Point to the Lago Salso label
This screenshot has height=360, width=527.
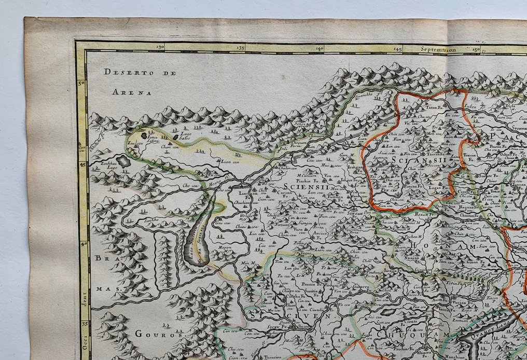pos(185,139)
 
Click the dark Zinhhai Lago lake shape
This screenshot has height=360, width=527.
pos(123,161)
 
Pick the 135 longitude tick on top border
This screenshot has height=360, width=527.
pos(240,48)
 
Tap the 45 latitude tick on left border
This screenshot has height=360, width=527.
pos(82,164)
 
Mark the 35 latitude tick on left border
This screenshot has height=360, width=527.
pos(84,324)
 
